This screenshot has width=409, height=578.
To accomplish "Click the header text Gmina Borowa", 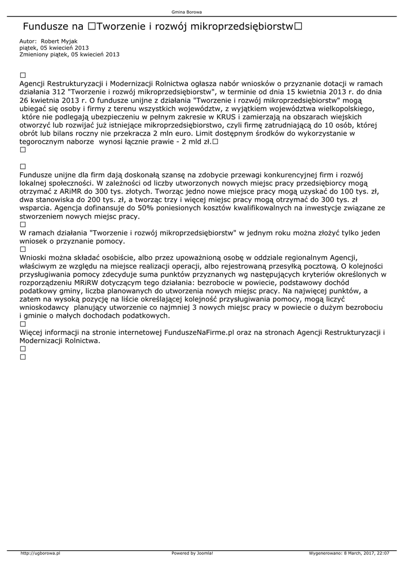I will pos(187,12).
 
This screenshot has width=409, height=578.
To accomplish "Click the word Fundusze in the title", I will pos(45,27).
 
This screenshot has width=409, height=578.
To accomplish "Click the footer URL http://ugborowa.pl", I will pos(40,554).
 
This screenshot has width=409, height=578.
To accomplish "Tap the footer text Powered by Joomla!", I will pos(192,554).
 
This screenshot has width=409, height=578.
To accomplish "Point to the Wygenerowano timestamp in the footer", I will pos(349,554).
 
